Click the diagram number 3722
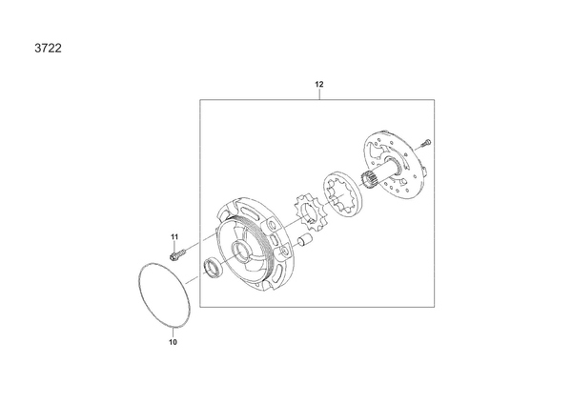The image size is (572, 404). (49, 49)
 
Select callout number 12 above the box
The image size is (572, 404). (319, 84)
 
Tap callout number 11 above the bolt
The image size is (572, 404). (174, 237)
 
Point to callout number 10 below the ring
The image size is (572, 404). (173, 342)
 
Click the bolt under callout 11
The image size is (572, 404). (178, 253)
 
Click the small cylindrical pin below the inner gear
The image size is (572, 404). (305, 241)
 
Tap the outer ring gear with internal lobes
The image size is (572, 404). (342, 194)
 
